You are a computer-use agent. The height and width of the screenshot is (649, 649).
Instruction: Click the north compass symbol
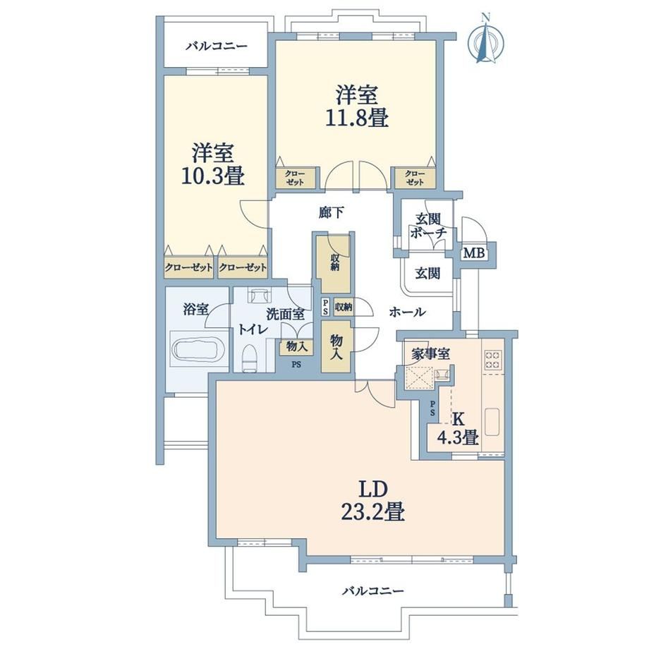point(486,40)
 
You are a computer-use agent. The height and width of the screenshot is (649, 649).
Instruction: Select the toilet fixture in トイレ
point(249,357)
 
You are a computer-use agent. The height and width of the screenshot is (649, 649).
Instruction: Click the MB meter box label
point(474,253)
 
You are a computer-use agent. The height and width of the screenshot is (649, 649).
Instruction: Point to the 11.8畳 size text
point(356,119)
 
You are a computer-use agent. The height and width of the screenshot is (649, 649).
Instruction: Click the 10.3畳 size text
point(213,176)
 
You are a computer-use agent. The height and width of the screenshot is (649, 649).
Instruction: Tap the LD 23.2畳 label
point(372,501)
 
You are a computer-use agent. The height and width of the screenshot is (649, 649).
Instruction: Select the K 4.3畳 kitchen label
point(459,429)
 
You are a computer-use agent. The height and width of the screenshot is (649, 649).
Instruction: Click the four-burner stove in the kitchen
point(493,359)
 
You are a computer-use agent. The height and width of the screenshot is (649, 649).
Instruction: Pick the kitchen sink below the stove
point(492,422)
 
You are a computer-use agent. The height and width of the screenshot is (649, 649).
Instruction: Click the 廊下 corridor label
point(331,212)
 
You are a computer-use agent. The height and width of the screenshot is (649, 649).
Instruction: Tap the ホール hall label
point(407,312)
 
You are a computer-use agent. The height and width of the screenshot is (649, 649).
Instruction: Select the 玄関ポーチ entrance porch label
point(428,226)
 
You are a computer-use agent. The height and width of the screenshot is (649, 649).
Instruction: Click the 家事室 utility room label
point(431,354)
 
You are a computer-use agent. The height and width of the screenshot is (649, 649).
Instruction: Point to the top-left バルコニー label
point(216,46)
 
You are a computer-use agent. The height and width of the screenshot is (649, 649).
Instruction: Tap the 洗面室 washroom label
point(285,315)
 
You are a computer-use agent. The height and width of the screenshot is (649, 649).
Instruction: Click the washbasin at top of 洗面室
point(259,295)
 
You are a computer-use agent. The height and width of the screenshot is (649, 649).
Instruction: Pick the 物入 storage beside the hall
point(336,346)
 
